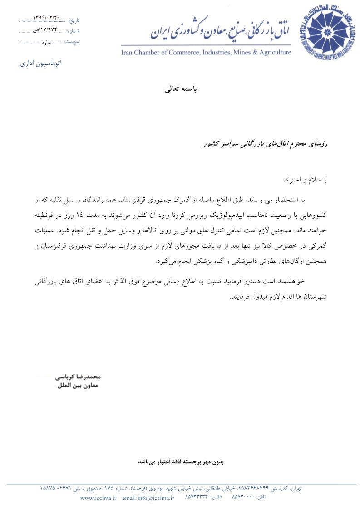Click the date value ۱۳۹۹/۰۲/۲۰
pyautogui.click(x=46, y=18)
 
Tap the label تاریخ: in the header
pyautogui.click(x=74, y=20)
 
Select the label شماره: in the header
pyautogui.click(x=73, y=31)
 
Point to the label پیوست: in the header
pyautogui.click(x=72, y=42)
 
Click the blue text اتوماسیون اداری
pyautogui.click(x=41, y=63)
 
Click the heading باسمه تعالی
pyautogui.click(x=180, y=89)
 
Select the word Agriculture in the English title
pyautogui.click(x=274, y=53)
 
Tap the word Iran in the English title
pyautogui.click(x=128, y=53)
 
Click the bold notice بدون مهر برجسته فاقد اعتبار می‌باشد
pyautogui.click(x=181, y=462)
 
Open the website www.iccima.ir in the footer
pyautogui.click(x=99, y=498)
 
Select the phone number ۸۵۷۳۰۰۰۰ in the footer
pyautogui.click(x=243, y=498)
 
